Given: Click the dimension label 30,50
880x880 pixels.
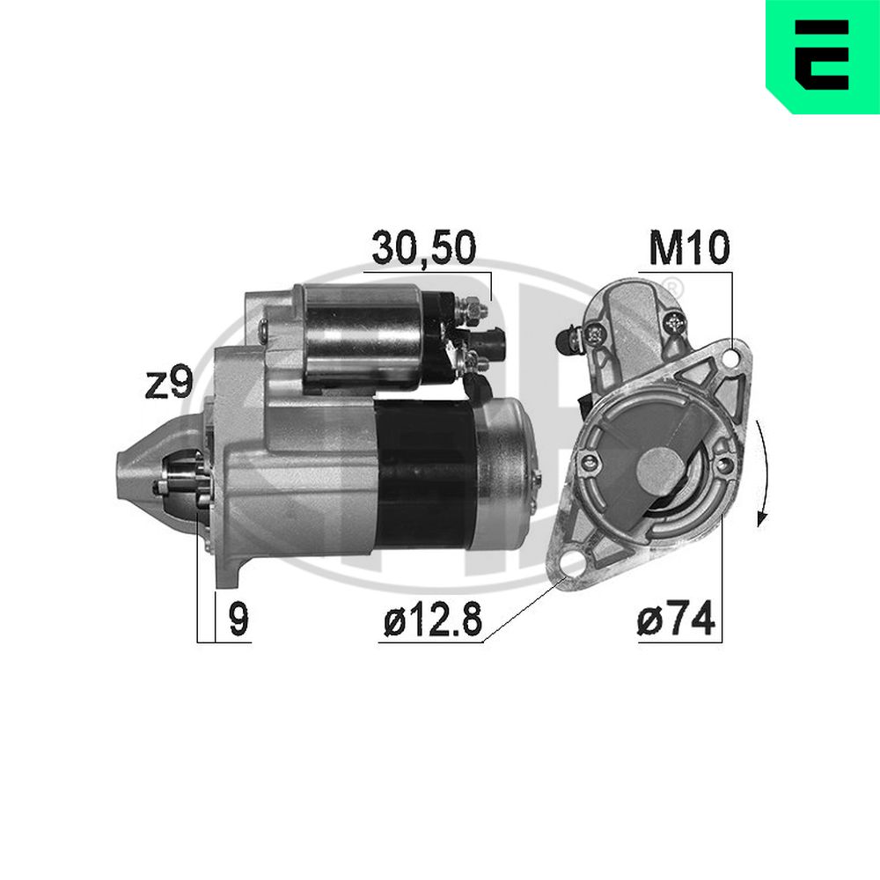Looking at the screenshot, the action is [x=424, y=247].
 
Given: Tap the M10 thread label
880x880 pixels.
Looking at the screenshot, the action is [x=689, y=247].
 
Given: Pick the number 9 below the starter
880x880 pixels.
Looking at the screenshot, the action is [x=238, y=619].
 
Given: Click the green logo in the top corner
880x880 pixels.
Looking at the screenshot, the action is [x=823, y=56].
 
